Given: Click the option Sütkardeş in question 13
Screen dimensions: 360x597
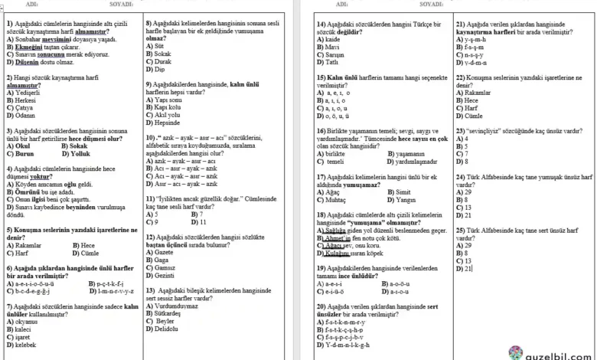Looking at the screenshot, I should pos(169,313).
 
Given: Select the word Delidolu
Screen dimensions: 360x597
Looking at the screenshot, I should pos(170,329).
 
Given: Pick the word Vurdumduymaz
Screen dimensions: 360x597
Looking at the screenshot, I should pos(176,306).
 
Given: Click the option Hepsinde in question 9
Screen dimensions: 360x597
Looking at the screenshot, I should pos(168,123).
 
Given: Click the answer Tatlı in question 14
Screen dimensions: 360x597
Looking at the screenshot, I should pos(331,63).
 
